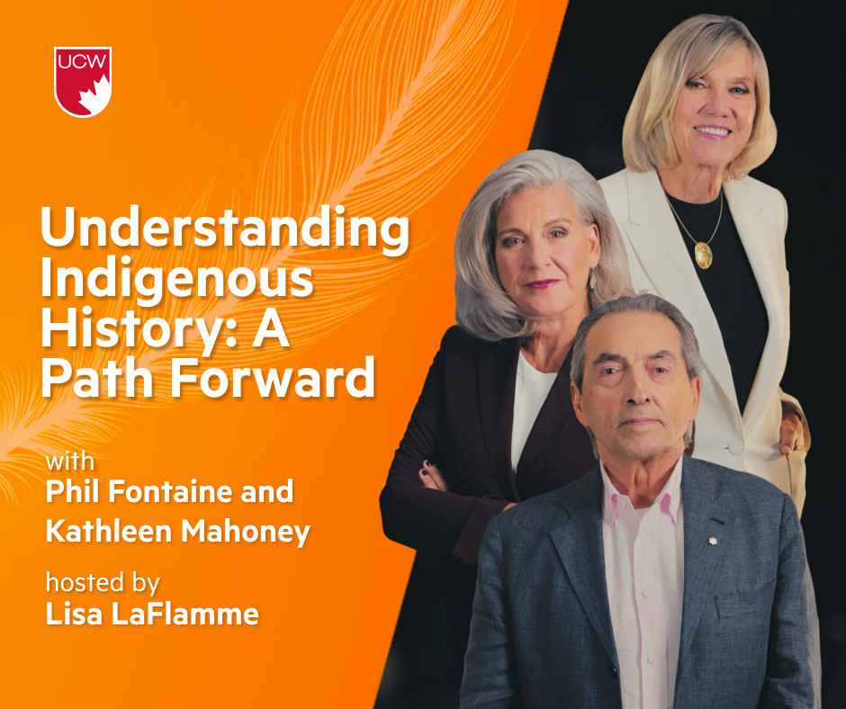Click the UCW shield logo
(83, 82)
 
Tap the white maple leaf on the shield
(94, 95)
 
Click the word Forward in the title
(273, 377)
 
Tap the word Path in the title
(101, 377)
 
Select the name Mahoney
(246, 531)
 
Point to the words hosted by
(103, 583)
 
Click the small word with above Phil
(69, 462)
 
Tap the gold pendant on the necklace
(703, 255)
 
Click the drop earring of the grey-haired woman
(592, 278)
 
